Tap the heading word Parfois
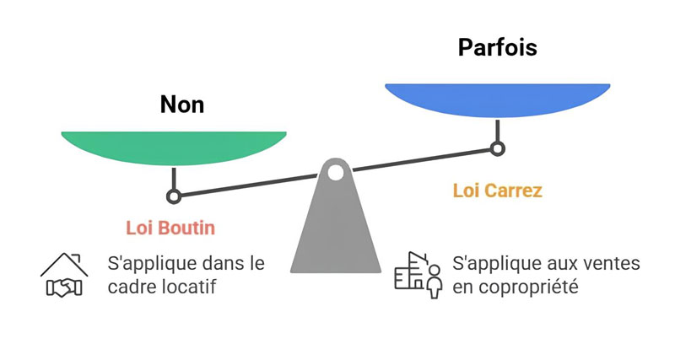point(497,47)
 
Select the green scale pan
point(174,148)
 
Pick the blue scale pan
point(497,99)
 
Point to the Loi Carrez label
point(497,191)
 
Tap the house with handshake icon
point(64,276)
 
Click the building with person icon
point(419,274)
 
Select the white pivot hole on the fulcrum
point(336,174)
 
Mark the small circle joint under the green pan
point(174,196)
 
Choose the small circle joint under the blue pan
point(498,149)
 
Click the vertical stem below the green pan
point(174,178)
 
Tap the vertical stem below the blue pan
point(498,131)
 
